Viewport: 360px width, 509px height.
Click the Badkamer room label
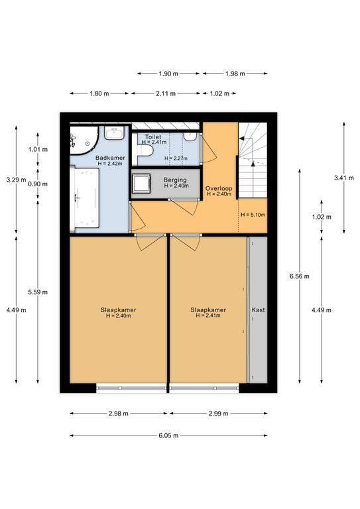tap(110, 158)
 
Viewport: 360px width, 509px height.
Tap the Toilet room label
tap(153, 137)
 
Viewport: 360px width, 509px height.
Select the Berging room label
tap(175, 180)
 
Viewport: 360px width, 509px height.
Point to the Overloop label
tap(219, 188)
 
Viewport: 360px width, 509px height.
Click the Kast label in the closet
tap(258, 310)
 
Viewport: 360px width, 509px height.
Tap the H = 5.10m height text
tap(253, 215)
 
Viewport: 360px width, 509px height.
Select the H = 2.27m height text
tap(176, 158)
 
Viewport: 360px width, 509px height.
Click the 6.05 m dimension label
tap(168, 435)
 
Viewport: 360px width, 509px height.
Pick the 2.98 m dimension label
tap(119, 414)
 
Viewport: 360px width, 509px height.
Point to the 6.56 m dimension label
tap(299, 276)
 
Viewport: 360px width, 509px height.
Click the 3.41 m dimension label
tap(344, 178)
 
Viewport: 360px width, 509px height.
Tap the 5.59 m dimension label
tap(38, 292)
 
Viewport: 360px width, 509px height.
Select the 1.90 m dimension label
tap(168, 74)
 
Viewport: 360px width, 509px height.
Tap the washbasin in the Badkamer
tap(114, 133)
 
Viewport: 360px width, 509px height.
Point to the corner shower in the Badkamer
tap(84, 141)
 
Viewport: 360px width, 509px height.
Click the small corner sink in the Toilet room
tap(190, 137)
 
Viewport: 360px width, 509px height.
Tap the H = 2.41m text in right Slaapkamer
tap(208, 315)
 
